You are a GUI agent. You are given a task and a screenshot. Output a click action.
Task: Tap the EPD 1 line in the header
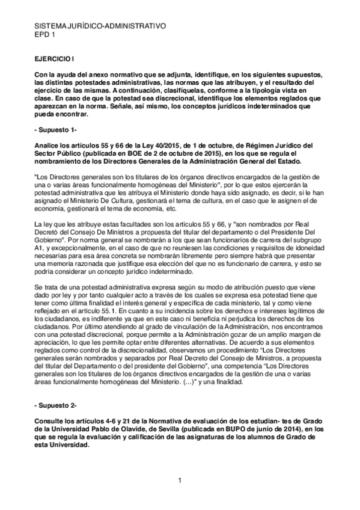point(46,35)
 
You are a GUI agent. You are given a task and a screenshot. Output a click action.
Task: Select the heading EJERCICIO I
point(55,61)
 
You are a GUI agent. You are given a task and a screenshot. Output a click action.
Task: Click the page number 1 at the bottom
point(179,479)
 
